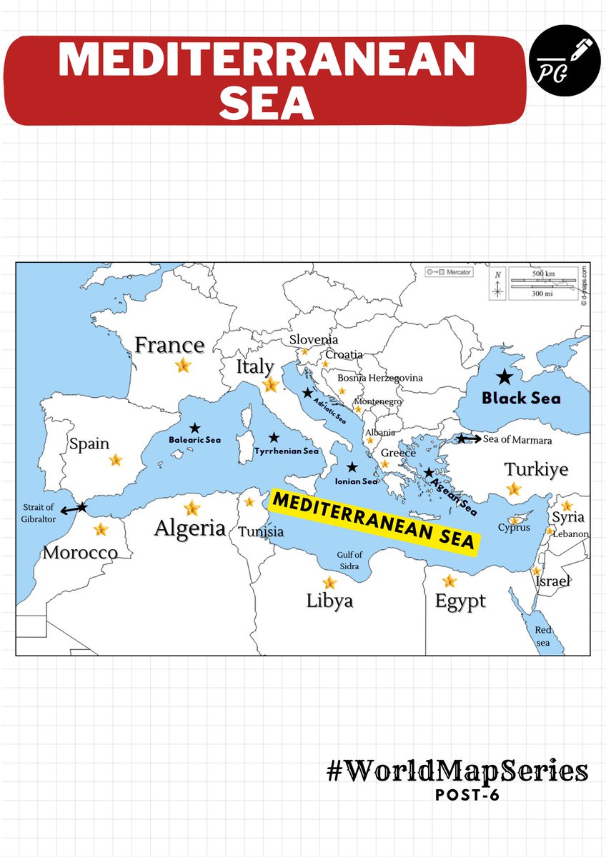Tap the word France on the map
pyautogui.click(x=169, y=346)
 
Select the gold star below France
pyautogui.click(x=184, y=366)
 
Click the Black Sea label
pyautogui.click(x=521, y=399)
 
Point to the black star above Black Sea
pyautogui.click(x=505, y=376)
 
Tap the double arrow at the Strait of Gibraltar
pyautogui.click(x=72, y=508)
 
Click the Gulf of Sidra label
pyautogui.click(x=350, y=561)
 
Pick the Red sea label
pyautogui.click(x=545, y=636)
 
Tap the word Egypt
pyautogui.click(x=460, y=601)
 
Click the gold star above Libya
pyautogui.click(x=329, y=583)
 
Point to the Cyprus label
pyautogui.click(x=515, y=528)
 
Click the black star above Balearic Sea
pyautogui.click(x=195, y=428)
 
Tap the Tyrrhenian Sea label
pyautogui.click(x=286, y=451)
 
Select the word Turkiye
pyautogui.click(x=536, y=470)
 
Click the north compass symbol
pyautogui.click(x=499, y=286)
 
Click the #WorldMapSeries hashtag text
pyautogui.click(x=457, y=771)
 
